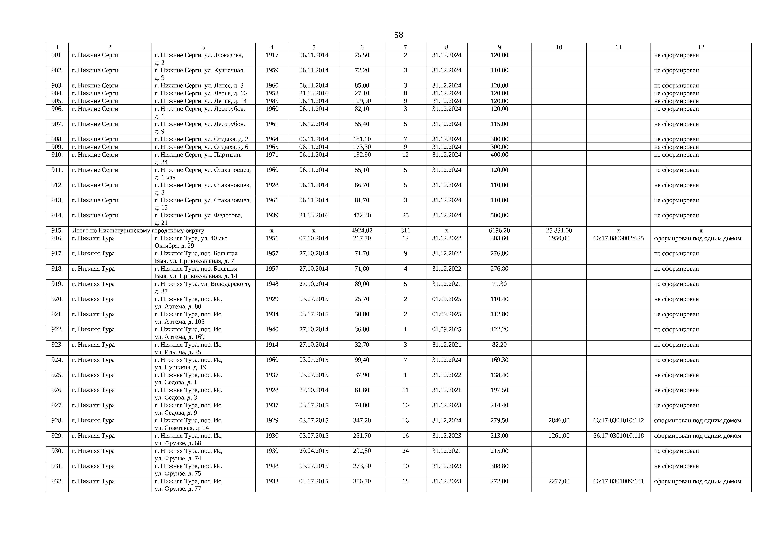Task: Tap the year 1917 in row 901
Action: point(272,55)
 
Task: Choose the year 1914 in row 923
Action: point(272,345)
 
